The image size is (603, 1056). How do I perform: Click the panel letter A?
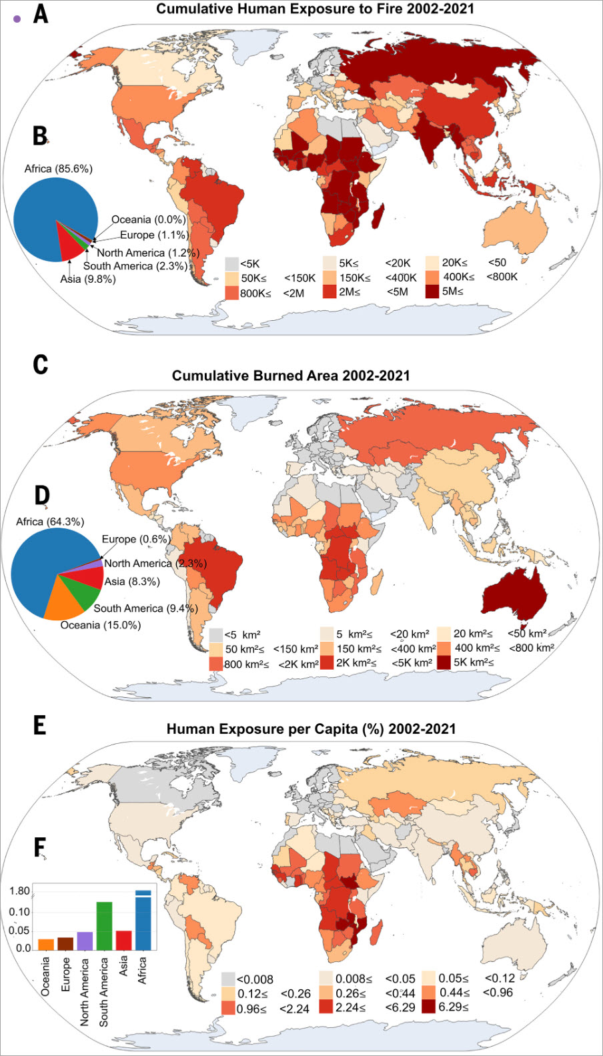point(41,13)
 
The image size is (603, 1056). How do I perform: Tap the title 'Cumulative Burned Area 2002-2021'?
point(291,376)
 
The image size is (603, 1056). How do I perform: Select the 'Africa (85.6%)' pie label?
point(58,169)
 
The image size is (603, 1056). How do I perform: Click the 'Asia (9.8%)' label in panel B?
point(88,279)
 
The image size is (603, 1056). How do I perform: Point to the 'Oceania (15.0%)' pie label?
point(101,625)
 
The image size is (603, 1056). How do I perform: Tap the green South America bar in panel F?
point(104,925)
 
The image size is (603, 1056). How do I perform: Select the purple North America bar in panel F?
point(85,941)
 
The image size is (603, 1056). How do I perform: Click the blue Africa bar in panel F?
point(143,921)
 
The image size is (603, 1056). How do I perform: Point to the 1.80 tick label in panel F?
point(19,891)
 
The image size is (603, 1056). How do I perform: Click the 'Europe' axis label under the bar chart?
point(65,975)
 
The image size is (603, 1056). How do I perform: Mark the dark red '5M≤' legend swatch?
point(432,291)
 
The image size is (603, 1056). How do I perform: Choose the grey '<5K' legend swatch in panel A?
point(231,263)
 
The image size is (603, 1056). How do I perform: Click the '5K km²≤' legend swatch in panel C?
point(444,662)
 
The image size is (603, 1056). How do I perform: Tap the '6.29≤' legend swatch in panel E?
point(428,1007)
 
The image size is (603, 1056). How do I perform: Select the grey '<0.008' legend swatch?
point(228,979)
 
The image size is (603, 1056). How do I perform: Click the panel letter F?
point(40,847)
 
